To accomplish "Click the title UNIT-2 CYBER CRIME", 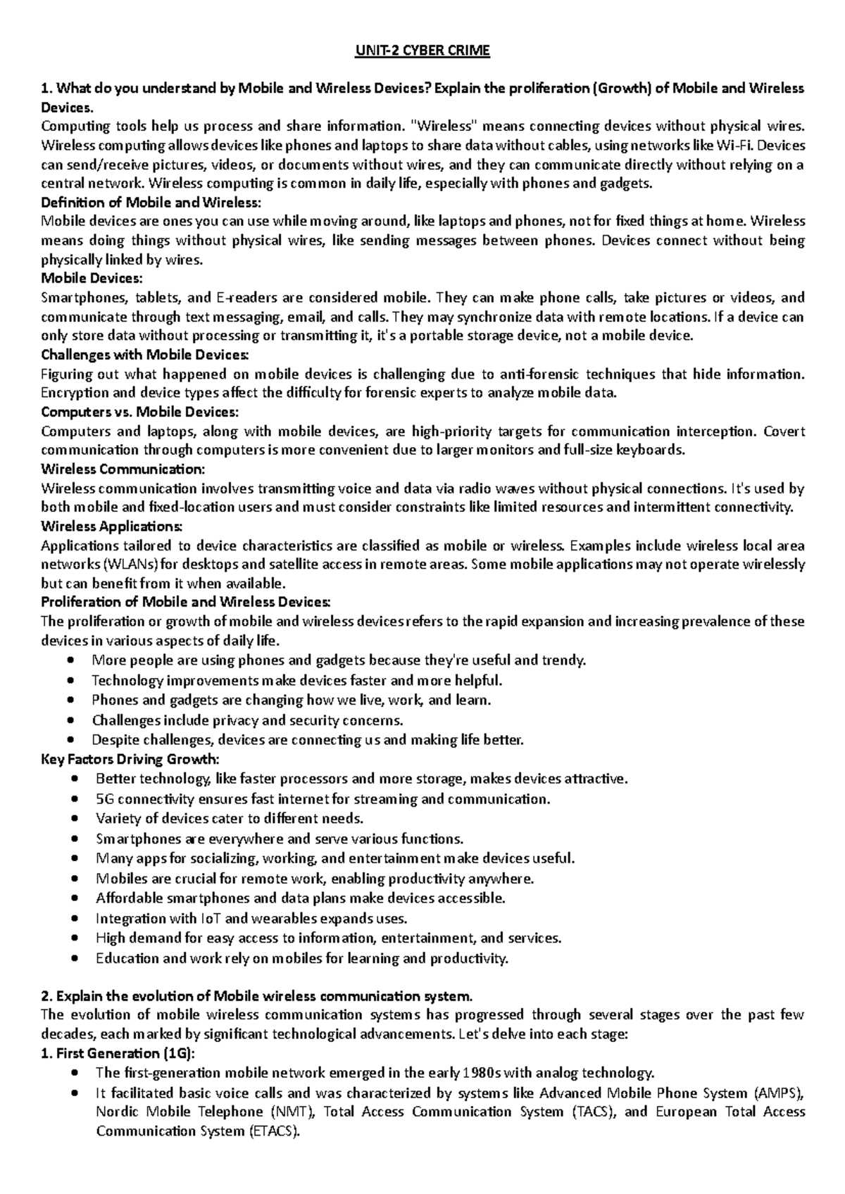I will pos(423,51).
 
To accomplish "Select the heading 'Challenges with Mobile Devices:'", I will pos(145,354).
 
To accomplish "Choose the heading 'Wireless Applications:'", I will pos(112,527).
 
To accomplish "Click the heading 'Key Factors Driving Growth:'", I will pos(130,759).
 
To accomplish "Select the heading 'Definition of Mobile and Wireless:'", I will pos(151,203).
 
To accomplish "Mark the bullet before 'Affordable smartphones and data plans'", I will pos(77,898).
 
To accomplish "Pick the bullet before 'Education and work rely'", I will pos(77,958).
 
